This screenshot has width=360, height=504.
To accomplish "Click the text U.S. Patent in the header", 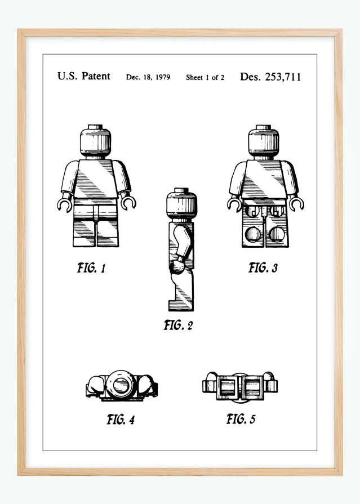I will click(83, 77).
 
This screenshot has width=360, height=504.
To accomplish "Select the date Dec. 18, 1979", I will click(148, 77).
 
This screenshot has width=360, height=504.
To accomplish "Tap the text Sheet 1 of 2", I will click(205, 78).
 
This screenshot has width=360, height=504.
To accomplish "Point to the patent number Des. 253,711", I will click(270, 77).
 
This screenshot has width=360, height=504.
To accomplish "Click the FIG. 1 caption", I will click(91, 268).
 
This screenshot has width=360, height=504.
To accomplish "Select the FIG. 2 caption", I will click(178, 325).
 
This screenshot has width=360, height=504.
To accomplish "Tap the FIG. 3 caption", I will click(263, 268).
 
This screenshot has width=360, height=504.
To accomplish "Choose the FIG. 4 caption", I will click(121, 420).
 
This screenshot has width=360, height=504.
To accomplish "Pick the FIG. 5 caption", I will click(241, 419).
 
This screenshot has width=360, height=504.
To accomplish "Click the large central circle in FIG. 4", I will click(121, 386).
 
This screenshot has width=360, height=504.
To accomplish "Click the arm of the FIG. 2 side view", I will click(181, 245).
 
